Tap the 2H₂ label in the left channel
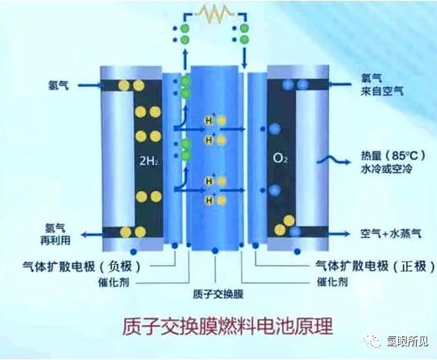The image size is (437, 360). (149, 161)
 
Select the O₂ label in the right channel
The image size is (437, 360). (280, 158)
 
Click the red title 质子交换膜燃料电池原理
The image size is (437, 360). (227, 326)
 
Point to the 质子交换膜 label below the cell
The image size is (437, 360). (218, 294)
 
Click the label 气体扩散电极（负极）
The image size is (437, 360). (82, 267)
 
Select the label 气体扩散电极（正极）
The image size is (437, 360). (375, 267)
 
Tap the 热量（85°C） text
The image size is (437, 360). (393, 155)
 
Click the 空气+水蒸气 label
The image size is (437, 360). (391, 234)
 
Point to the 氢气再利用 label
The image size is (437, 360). (55, 234)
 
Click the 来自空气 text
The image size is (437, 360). (382, 91)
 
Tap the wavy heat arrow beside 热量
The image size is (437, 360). (333, 160)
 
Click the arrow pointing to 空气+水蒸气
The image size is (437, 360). (339, 234)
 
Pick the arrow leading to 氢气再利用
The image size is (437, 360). (92, 235)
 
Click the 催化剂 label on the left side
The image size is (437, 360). (114, 283)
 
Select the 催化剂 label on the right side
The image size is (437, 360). (332, 282)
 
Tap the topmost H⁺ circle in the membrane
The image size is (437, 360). (210, 120)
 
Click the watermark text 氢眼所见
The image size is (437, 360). (407, 341)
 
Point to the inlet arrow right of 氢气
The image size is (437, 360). (89, 85)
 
